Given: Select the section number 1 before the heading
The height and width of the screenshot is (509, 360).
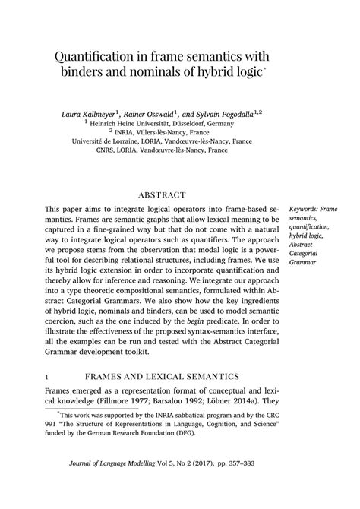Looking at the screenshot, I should click(47, 375).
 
